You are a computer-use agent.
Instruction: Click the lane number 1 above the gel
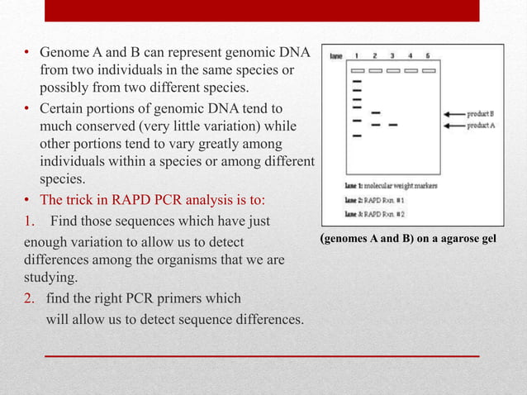point(357,55)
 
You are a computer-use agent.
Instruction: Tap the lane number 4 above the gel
point(410,55)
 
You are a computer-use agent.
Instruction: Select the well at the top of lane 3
point(392,71)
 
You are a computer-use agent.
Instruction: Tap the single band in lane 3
point(392,126)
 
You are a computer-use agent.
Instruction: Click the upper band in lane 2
point(376,112)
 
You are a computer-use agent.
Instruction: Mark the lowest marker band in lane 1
point(357,137)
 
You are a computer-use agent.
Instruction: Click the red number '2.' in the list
point(28,298)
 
